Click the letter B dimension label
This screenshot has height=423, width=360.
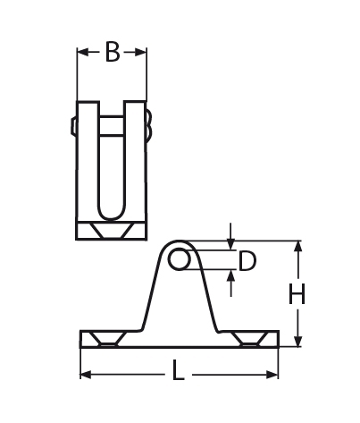coord(112,53)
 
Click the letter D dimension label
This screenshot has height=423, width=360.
coord(248,261)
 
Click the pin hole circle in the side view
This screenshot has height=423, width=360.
coord(179,259)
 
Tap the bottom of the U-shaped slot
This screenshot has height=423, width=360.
coord(112,212)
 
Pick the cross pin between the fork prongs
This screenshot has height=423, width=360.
coord(112,126)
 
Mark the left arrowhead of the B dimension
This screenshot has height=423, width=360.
coord(82,53)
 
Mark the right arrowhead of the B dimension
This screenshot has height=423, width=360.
coord(142,53)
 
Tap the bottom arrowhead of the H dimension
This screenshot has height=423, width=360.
coord(298,341)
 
